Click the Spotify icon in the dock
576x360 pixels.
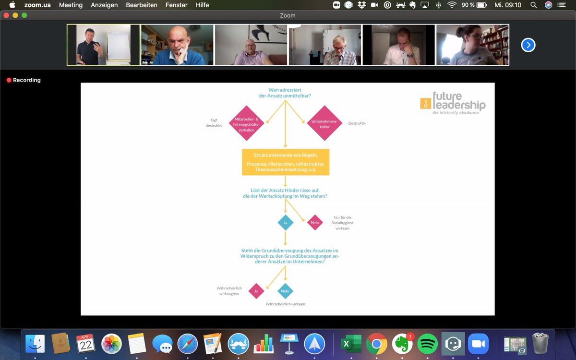[427, 344]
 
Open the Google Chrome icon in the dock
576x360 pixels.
[376, 344]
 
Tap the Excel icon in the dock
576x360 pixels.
[351, 344]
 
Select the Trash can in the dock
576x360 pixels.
[540, 344]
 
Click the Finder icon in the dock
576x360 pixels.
[35, 344]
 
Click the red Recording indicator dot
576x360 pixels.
[9, 80]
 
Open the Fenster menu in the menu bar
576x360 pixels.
[177, 5]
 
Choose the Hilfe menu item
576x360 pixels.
[203, 5]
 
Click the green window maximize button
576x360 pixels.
[24, 15]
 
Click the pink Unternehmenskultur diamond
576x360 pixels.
[324, 123]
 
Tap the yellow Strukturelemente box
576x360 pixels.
[286, 162]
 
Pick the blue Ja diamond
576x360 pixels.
[285, 222]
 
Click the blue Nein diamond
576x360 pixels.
[285, 291]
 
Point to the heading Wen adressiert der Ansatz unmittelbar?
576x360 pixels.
[285, 93]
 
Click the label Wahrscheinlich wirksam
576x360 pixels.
[285, 304]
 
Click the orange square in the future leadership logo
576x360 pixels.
[425, 103]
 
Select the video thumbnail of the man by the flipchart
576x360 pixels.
[103, 45]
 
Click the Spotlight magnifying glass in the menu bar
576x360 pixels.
[533, 5]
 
